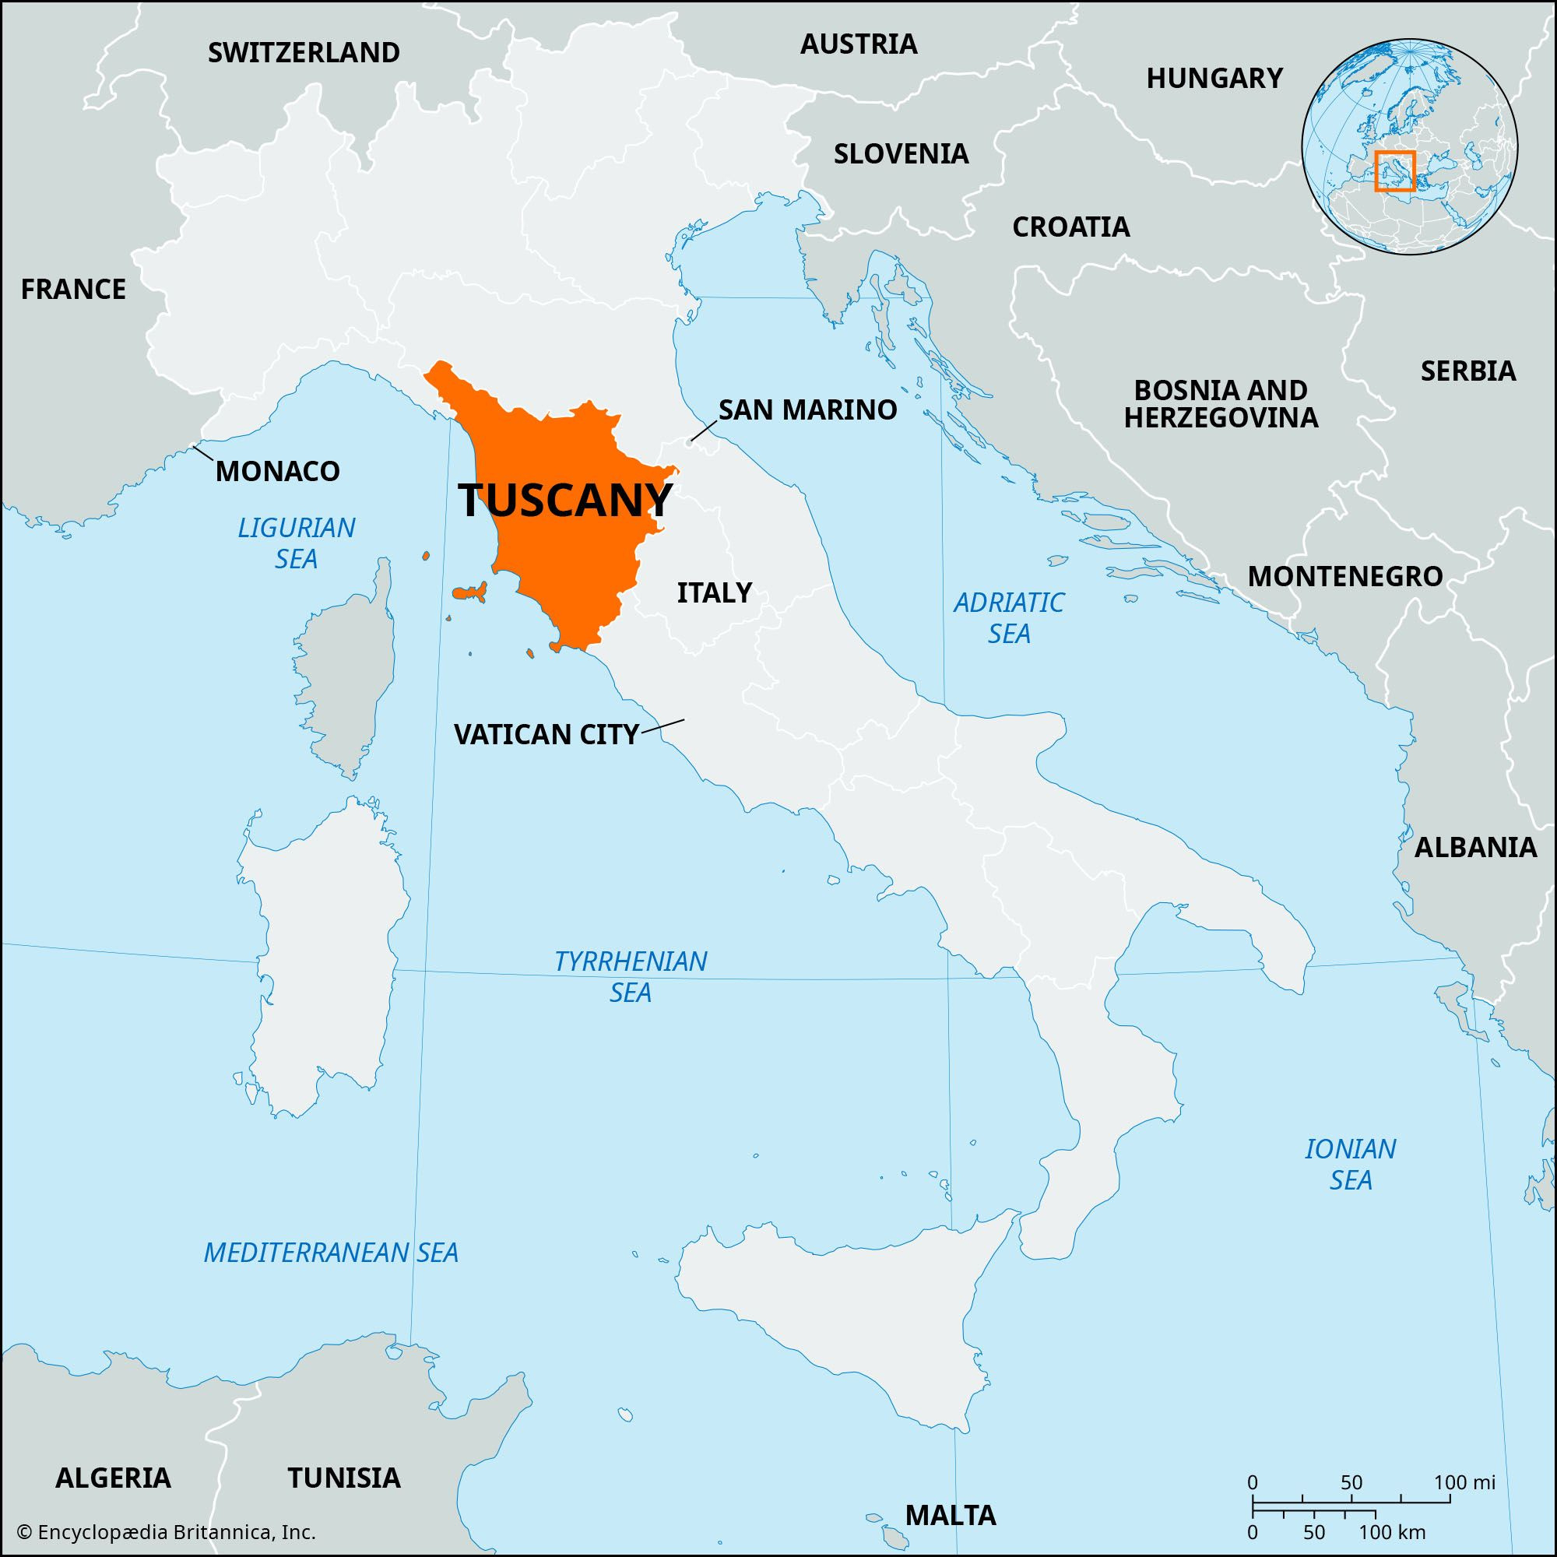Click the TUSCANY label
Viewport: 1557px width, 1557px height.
click(x=564, y=501)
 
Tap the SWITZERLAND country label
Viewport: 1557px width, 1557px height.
click(x=304, y=52)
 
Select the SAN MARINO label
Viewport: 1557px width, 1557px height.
click(x=807, y=409)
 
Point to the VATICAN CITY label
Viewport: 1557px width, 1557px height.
click(x=547, y=734)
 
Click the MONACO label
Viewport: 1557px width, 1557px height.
click(x=277, y=472)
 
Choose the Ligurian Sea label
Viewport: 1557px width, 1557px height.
click(x=296, y=543)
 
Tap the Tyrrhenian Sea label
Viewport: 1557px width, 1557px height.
click(x=631, y=976)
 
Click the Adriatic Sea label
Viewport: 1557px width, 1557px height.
click(x=1009, y=617)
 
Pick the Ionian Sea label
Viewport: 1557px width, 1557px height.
click(x=1351, y=1164)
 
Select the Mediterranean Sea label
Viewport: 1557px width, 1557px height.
click(x=331, y=1252)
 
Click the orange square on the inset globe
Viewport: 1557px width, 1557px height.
click(x=1395, y=170)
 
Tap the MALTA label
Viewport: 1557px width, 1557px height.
click(x=951, y=1514)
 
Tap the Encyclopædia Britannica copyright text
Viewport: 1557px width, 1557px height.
click(x=166, y=1532)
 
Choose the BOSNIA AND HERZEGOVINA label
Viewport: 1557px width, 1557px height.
click(x=1221, y=404)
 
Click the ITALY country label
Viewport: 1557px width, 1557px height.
click(x=714, y=592)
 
